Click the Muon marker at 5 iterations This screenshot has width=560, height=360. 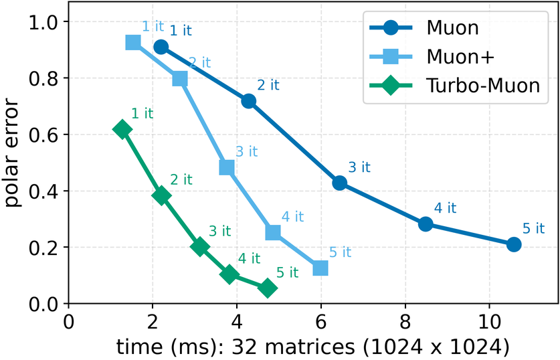pos(513,244)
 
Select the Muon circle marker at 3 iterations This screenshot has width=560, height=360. pos(339,183)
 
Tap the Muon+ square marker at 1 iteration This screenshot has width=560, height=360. pos(133,43)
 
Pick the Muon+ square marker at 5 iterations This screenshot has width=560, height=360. pos(320,268)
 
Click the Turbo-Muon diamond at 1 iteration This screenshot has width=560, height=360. pos(122,129)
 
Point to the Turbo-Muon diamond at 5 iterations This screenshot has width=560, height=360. pos(268,288)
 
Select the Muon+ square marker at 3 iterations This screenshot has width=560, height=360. pos(227,167)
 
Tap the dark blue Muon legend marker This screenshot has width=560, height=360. pos(391,29)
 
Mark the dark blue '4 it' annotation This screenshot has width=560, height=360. pos(446,207)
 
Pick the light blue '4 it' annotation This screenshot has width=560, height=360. pos(292,217)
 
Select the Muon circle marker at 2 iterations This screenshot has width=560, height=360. pos(248,101)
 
